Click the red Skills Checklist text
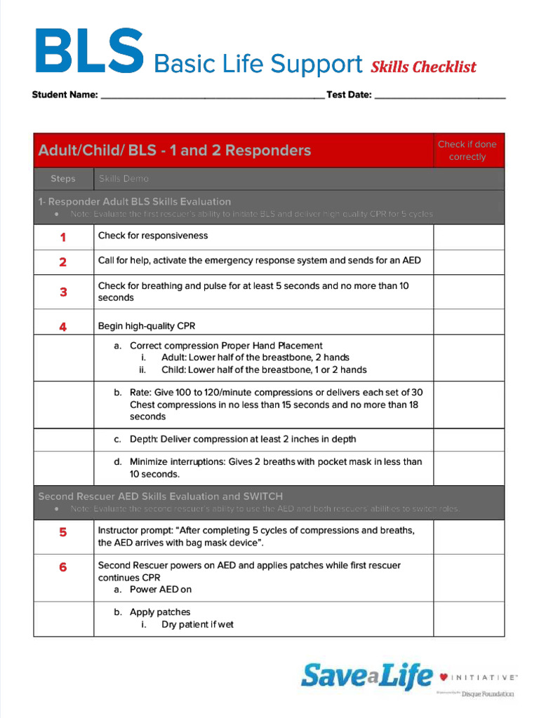(x=423, y=67)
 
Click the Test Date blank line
(x=439, y=97)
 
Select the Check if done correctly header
(x=467, y=150)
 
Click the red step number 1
(x=63, y=237)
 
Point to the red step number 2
(x=63, y=262)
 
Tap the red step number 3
(x=63, y=292)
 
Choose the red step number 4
(x=63, y=326)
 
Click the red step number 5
(x=63, y=532)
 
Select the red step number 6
(x=63, y=567)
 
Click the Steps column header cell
(x=63, y=179)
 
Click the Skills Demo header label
(x=124, y=179)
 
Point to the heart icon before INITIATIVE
(x=444, y=677)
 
